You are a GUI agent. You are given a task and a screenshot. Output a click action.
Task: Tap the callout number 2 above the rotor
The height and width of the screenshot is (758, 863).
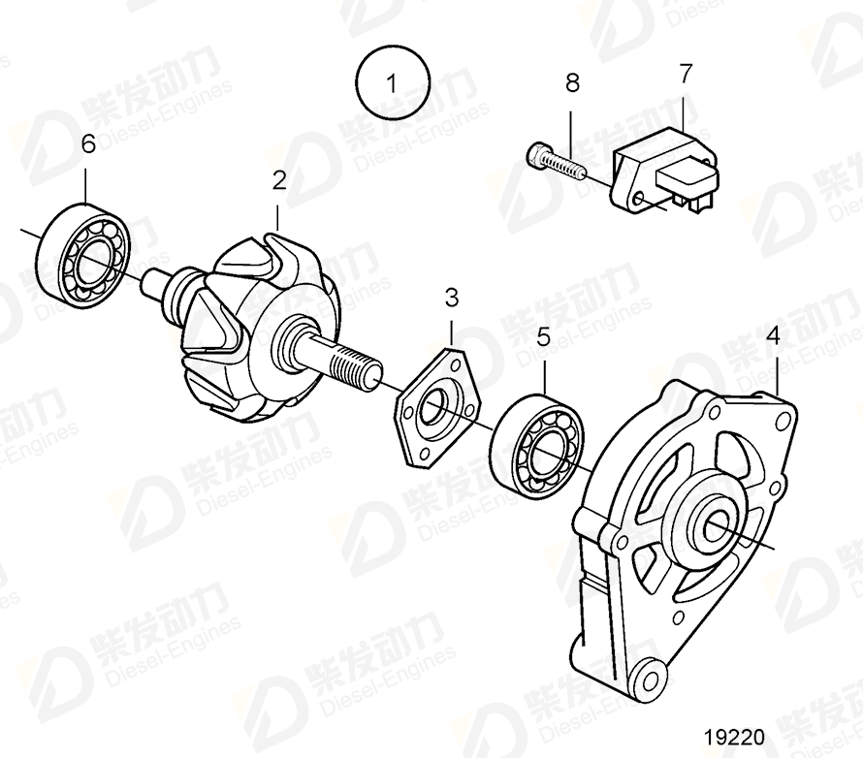click(278, 179)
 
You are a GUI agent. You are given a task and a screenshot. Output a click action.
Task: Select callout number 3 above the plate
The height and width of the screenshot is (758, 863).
click(451, 297)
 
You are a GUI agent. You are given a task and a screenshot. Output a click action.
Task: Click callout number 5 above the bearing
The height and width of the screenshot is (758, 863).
click(543, 338)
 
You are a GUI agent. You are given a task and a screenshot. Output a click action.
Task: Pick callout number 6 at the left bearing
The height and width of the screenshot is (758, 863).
click(87, 144)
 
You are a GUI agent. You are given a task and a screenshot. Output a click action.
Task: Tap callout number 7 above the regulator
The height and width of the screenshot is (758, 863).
click(686, 74)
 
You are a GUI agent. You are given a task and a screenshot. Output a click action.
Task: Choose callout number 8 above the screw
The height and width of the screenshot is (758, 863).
click(572, 83)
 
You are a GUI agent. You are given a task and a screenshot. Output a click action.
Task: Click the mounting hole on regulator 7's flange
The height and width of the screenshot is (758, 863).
click(638, 201)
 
